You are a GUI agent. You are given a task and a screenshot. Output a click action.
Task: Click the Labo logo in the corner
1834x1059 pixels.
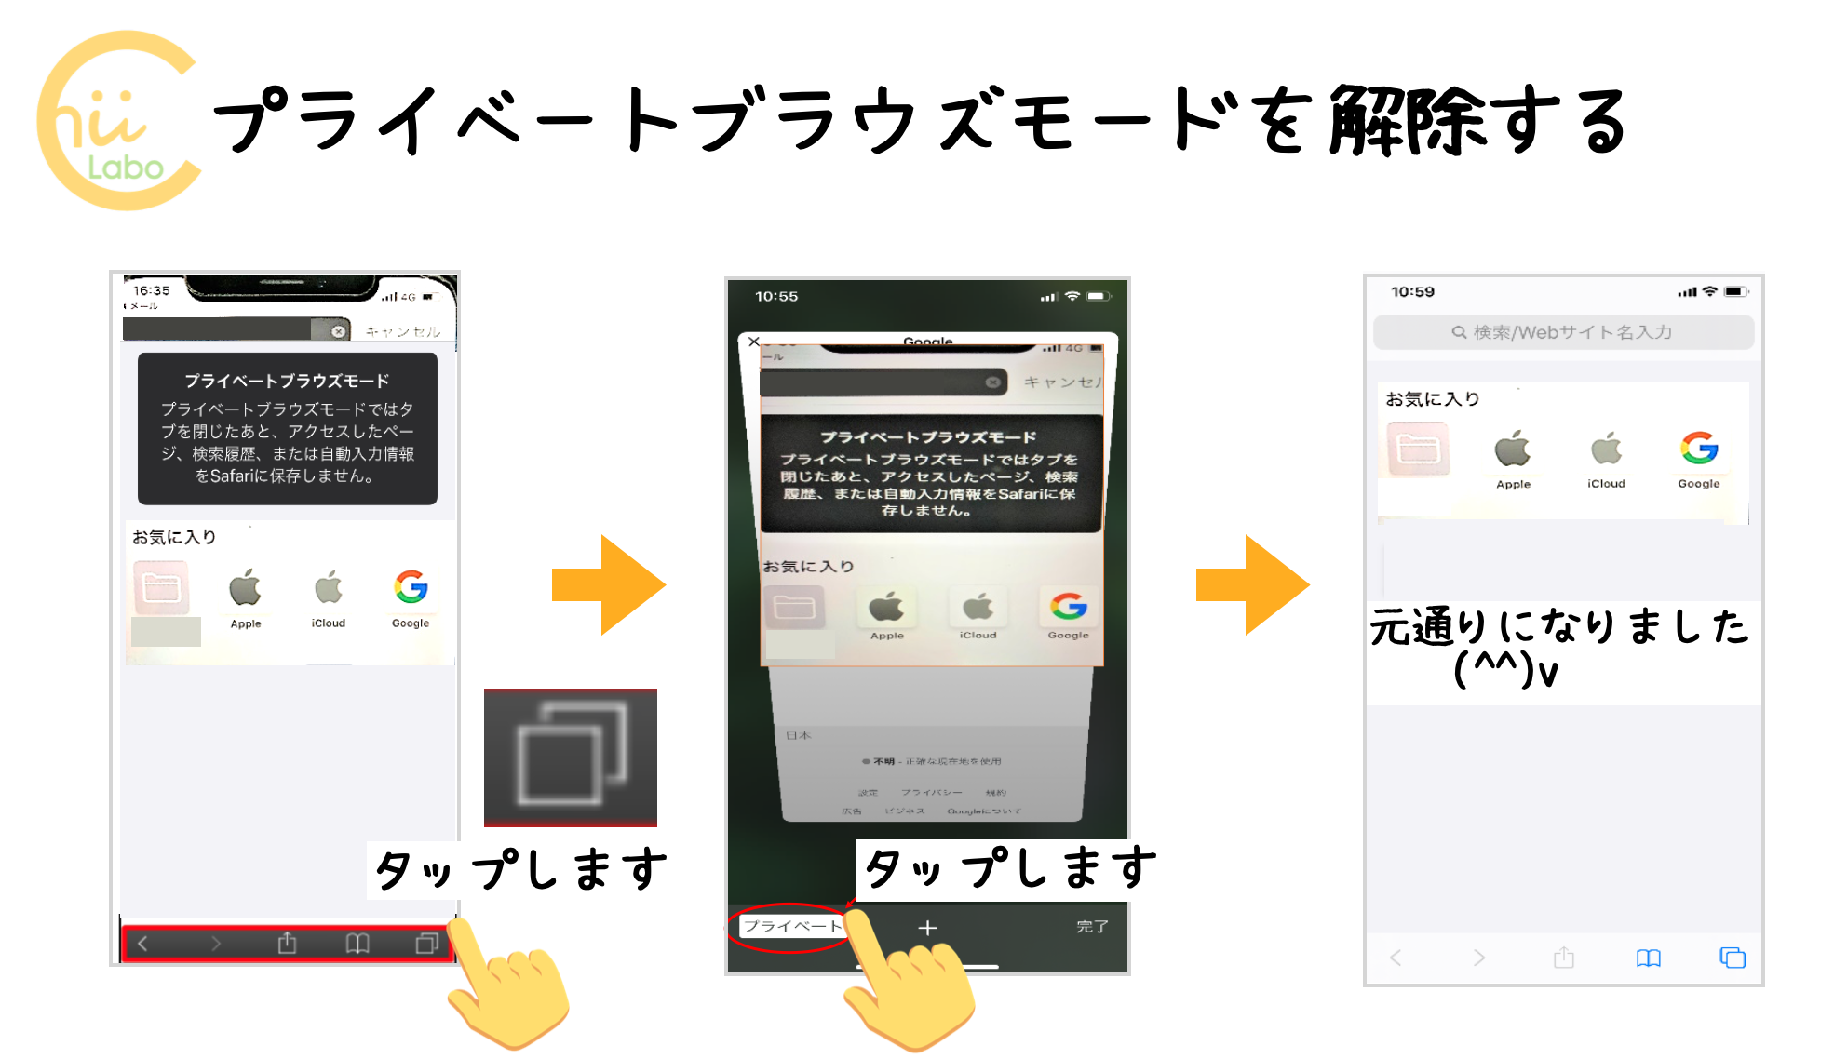pyautogui.click(x=118, y=121)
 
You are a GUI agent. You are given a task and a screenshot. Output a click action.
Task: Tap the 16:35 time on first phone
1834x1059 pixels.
pyautogui.click(x=151, y=290)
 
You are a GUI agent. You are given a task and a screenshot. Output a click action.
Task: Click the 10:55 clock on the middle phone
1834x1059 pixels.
pyautogui.click(x=776, y=296)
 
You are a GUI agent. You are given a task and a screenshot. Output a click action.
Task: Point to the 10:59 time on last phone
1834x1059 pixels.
pyautogui.click(x=1412, y=291)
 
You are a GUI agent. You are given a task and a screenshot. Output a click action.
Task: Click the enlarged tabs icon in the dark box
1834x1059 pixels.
pyautogui.click(x=571, y=756)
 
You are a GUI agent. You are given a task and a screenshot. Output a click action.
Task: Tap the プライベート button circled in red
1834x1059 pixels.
pyautogui.click(x=791, y=926)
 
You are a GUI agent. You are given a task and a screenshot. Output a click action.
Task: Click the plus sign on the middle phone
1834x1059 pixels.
pyautogui.click(x=927, y=928)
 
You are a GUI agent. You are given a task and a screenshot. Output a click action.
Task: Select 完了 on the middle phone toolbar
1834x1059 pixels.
pyautogui.click(x=1092, y=927)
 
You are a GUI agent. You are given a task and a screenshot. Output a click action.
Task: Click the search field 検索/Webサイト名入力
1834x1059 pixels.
pyautogui.click(x=1563, y=332)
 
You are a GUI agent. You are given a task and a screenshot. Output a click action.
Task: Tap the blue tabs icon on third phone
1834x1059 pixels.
pyautogui.click(x=1733, y=958)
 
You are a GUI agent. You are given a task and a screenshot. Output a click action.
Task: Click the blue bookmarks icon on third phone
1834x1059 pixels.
pyautogui.click(x=1648, y=958)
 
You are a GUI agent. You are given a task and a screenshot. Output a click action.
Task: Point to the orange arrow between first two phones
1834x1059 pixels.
pyautogui.click(x=609, y=585)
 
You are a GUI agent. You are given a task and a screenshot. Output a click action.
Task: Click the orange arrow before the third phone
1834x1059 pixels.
pyautogui.click(x=1253, y=585)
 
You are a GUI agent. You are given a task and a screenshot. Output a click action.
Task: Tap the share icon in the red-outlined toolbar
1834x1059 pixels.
pyautogui.click(x=287, y=944)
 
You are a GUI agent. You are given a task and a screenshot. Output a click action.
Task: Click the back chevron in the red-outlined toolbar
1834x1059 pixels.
pyautogui.click(x=142, y=944)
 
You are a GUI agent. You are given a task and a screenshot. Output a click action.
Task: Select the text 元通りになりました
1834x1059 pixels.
pyautogui.click(x=1559, y=626)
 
